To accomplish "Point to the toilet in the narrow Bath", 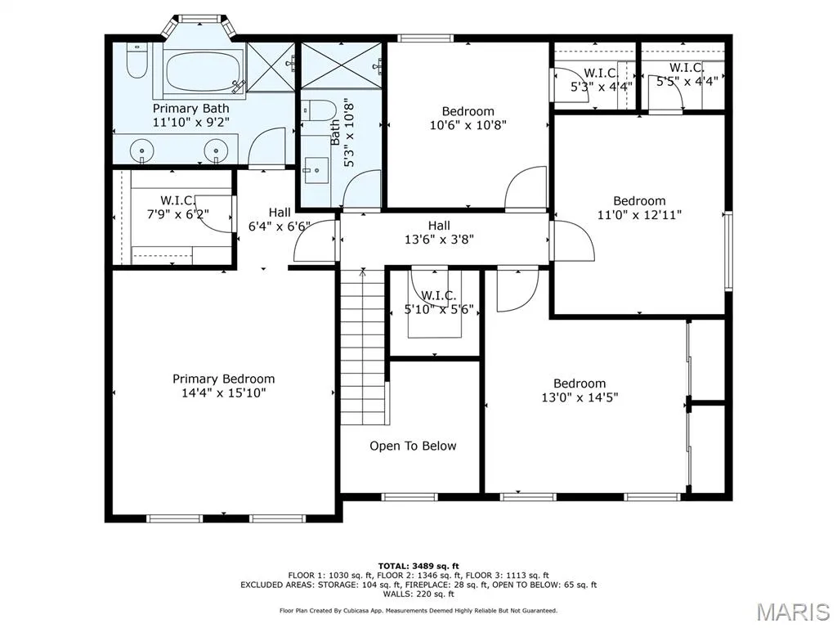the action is (317, 110).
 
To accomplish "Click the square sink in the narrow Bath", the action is (316, 170).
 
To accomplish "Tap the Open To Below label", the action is (413, 446).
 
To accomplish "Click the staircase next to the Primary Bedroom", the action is (364, 346).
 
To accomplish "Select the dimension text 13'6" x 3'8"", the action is (439, 240).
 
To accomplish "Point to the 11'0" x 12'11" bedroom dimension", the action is (639, 215).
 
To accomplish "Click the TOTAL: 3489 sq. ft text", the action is (418, 566).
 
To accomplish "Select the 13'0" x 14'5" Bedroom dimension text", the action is (580, 397).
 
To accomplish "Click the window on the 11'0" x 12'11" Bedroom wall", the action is (728, 251).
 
